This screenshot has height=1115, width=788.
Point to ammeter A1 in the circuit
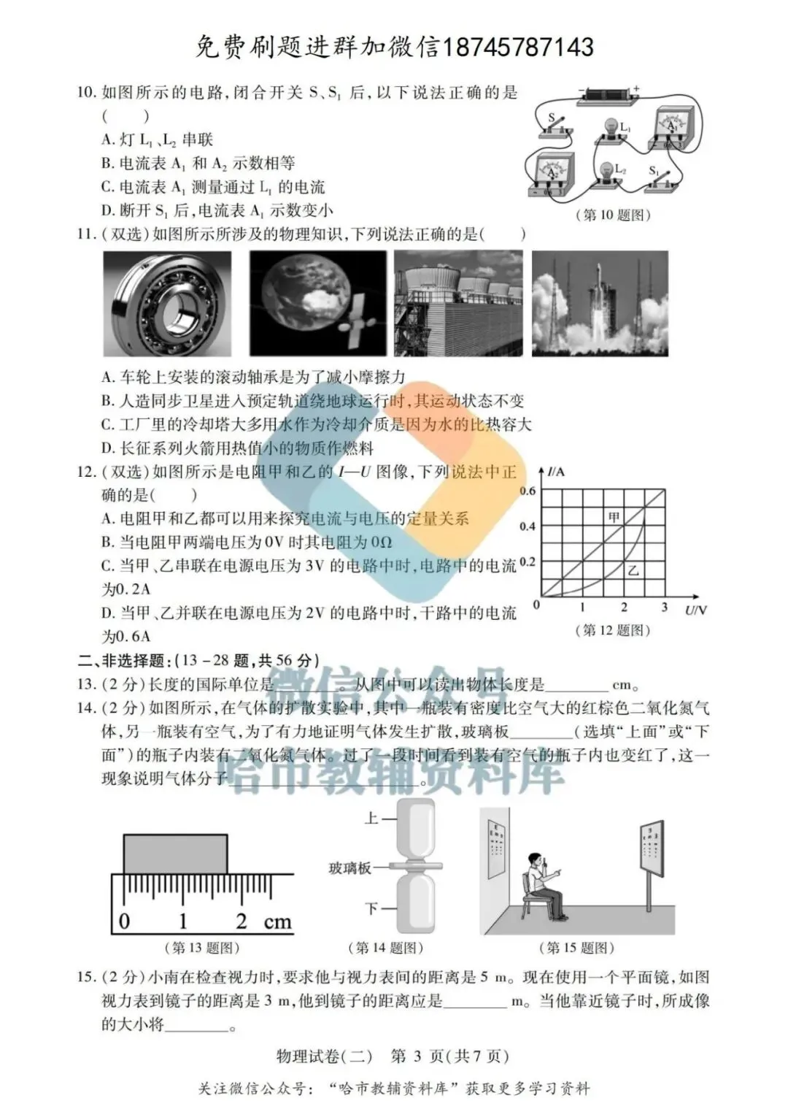point(671,126)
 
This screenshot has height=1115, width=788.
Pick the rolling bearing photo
point(167,303)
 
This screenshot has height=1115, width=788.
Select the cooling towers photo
point(458,303)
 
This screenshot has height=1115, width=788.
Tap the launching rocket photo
point(599,303)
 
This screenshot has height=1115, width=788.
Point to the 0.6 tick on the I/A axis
point(528,491)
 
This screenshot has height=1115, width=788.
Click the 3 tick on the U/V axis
point(664,607)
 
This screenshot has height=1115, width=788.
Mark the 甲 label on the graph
point(614,517)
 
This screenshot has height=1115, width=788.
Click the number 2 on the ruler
point(241,921)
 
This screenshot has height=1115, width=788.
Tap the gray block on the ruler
point(175,854)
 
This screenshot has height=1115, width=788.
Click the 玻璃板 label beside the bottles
point(349,868)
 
